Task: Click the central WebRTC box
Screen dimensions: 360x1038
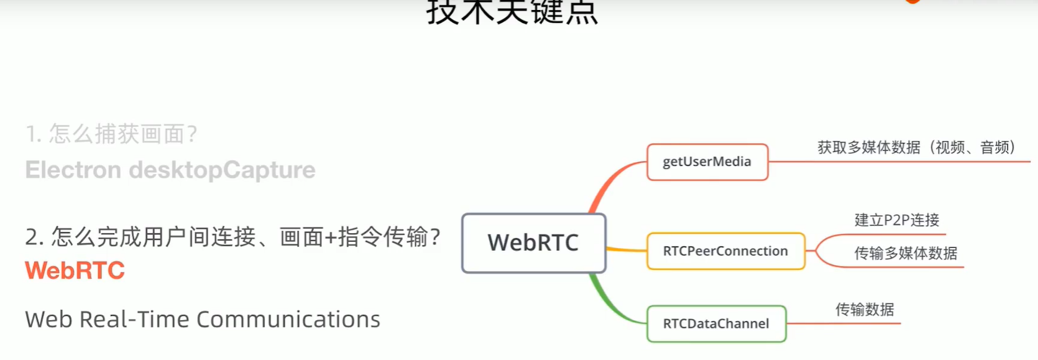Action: click(x=533, y=243)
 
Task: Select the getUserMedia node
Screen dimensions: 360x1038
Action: click(x=707, y=162)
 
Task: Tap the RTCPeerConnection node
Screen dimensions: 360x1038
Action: click(x=725, y=251)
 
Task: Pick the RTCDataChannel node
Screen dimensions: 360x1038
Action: click(x=716, y=323)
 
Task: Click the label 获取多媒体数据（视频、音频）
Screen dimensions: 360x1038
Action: click(x=916, y=147)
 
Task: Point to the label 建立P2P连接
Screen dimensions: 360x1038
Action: click(x=896, y=220)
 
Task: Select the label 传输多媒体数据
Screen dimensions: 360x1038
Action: click(x=906, y=253)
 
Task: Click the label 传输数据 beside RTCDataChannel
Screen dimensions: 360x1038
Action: click(x=864, y=310)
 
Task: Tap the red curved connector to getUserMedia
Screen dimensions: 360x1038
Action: click(x=606, y=181)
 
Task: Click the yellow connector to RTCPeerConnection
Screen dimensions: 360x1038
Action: click(x=627, y=250)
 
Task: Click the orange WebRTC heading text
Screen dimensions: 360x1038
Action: click(x=75, y=270)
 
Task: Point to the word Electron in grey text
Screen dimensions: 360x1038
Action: click(x=73, y=170)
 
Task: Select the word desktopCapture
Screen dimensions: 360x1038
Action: click(x=222, y=170)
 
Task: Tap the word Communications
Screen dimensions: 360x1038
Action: click(x=288, y=320)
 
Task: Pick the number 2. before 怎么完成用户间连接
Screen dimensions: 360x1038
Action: click(x=34, y=237)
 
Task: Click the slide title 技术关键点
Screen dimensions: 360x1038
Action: click(x=512, y=12)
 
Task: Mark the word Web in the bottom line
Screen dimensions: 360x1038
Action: click(x=48, y=320)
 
